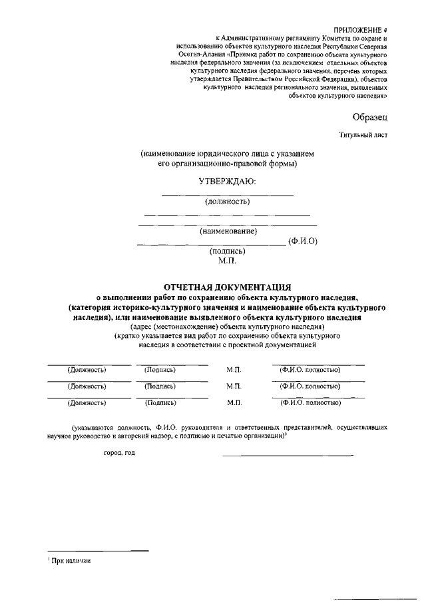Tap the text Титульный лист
pyautogui.click(x=363, y=135)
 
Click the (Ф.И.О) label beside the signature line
pyautogui.click(x=303, y=241)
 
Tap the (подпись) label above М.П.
pyautogui.click(x=228, y=251)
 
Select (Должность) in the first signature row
pyautogui.click(x=87, y=370)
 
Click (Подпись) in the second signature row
pyautogui.click(x=160, y=386)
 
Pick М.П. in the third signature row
pyautogui.click(x=233, y=402)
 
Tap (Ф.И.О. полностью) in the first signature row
pyautogui.click(x=310, y=370)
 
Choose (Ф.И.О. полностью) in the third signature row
pyautogui.click(x=310, y=402)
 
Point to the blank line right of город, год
pyautogui.click(x=288, y=456)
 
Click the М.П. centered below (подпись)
pyautogui.click(x=228, y=261)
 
